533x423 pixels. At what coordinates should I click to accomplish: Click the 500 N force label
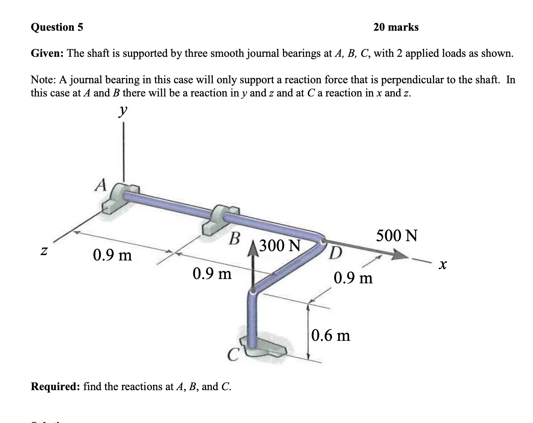[x=396, y=236]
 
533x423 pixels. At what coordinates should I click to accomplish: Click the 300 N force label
[x=280, y=245]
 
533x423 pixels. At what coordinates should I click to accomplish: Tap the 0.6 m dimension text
[x=330, y=335]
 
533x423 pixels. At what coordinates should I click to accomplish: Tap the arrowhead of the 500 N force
[x=400, y=255]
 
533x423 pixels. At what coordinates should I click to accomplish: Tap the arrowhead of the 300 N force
[x=253, y=249]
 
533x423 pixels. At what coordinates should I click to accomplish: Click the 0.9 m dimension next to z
[x=112, y=255]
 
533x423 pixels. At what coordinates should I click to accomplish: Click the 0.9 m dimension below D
[x=353, y=278]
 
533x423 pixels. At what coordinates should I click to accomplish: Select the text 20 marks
[x=396, y=27]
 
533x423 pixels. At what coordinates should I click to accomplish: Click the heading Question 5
[x=57, y=27]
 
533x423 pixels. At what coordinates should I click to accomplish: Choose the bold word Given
[x=47, y=54]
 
